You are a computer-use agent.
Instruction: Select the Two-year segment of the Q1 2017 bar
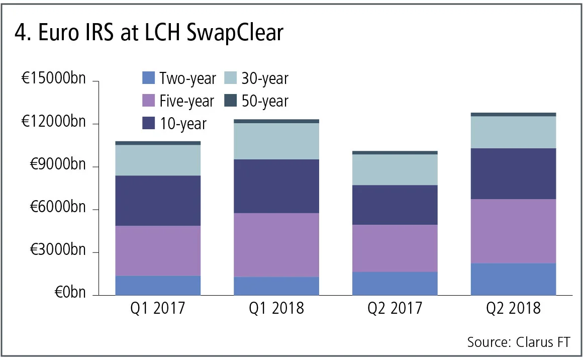click(158, 286)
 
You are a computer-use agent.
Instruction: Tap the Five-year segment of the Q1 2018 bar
click(276, 245)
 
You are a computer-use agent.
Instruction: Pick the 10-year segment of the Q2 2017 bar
click(395, 205)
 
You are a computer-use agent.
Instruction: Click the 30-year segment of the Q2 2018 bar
click(513, 132)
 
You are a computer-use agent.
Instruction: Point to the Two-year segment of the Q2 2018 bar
click(513, 279)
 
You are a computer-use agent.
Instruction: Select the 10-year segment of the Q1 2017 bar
click(158, 201)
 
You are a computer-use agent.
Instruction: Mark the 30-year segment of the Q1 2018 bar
click(276, 141)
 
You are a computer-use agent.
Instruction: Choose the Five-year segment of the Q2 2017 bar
click(395, 248)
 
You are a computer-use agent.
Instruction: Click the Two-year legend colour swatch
click(149, 78)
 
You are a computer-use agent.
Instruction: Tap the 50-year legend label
click(265, 101)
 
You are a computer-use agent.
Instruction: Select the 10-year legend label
click(183, 124)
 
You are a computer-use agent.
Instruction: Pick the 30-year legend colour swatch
click(230, 78)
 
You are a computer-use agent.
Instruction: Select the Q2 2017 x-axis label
click(395, 307)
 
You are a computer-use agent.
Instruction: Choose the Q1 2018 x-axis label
click(276, 307)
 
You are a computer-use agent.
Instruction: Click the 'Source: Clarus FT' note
click(519, 342)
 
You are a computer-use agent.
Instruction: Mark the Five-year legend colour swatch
click(149, 101)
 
